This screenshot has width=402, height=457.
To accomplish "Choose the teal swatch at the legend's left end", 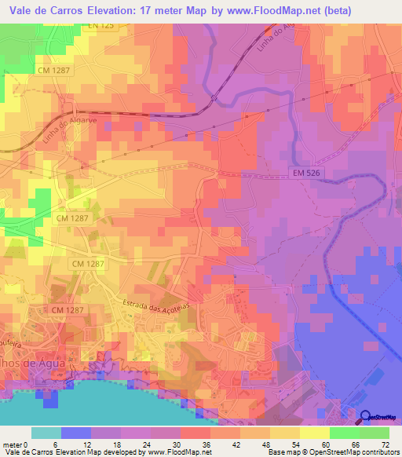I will [x=46, y=433].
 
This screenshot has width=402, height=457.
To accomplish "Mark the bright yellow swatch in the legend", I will [x=314, y=433].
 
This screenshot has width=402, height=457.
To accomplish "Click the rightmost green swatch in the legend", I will [x=374, y=433].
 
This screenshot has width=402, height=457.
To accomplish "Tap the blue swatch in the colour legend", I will [x=75, y=433].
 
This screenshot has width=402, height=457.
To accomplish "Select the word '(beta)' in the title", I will [x=332, y=9].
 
